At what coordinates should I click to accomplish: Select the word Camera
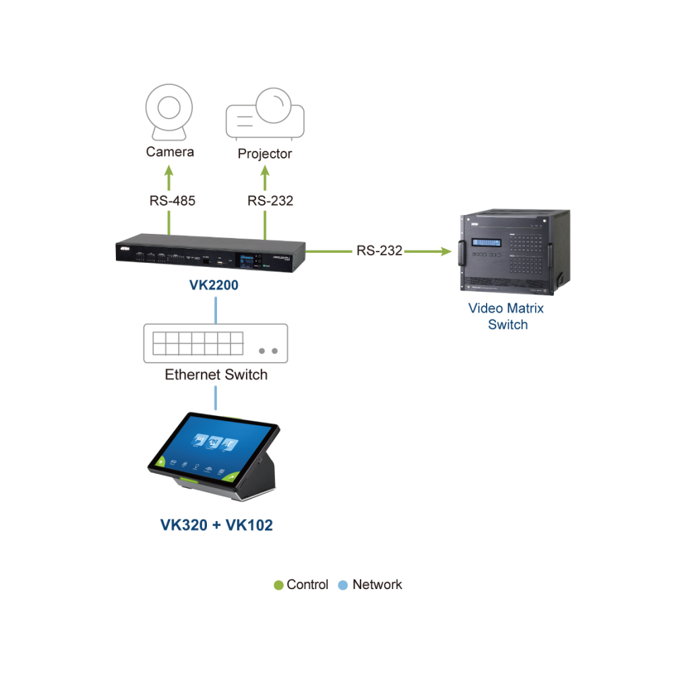tap(170, 152)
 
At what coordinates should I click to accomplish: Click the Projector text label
tap(265, 154)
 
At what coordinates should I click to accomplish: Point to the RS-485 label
tap(173, 201)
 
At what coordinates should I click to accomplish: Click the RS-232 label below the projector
tap(270, 201)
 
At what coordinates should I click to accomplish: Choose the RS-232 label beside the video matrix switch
tap(379, 251)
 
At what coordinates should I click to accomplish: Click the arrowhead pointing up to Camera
tap(169, 171)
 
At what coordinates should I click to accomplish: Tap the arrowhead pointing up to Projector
tap(265, 171)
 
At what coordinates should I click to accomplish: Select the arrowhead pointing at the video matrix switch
tap(446, 251)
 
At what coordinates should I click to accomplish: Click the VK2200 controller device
tap(210, 253)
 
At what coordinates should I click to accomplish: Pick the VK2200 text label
tap(214, 285)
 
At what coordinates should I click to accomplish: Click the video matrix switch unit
tap(515, 252)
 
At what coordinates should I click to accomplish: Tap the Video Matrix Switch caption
tap(506, 316)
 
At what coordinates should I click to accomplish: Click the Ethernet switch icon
tap(216, 344)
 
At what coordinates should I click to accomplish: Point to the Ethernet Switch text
tap(216, 375)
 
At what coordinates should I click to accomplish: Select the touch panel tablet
tap(214, 456)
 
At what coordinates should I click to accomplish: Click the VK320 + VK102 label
tap(216, 525)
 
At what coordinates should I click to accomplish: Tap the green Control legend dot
tap(278, 585)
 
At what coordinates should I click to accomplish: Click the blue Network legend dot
tap(342, 585)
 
